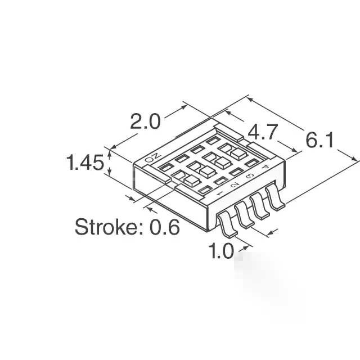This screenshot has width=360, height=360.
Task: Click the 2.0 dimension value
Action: (145, 121)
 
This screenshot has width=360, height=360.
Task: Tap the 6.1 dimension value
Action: (319, 140)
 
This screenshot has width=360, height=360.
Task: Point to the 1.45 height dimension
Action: (85, 163)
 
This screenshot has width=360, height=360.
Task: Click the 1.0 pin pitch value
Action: (220, 251)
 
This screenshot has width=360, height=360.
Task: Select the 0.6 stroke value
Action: (165, 227)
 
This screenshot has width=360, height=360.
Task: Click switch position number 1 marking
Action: (219, 193)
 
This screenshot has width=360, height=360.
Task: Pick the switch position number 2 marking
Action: (235, 185)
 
